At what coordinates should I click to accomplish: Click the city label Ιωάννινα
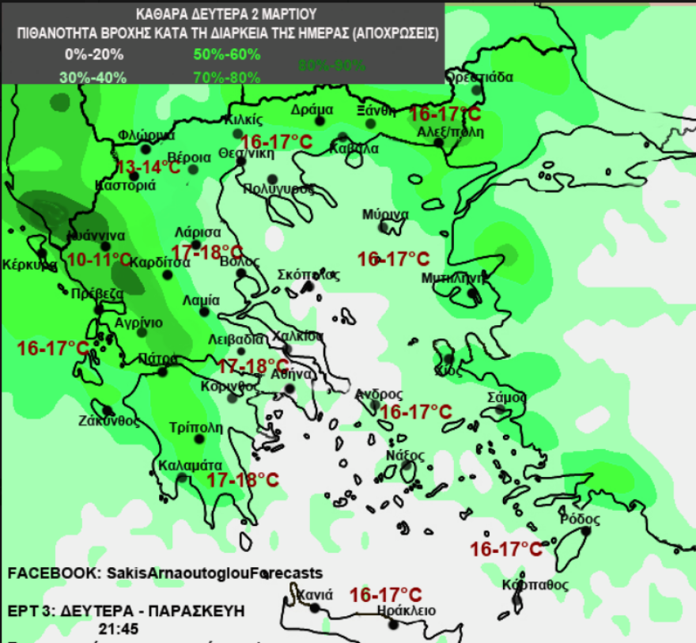(96, 235)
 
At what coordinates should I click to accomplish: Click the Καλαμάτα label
(189, 465)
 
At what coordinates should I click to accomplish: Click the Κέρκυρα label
(29, 264)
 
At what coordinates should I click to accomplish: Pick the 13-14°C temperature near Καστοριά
(149, 167)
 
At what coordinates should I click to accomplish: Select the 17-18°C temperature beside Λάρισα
(207, 252)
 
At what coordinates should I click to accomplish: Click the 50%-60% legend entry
(227, 55)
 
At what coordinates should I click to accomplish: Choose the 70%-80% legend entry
(227, 78)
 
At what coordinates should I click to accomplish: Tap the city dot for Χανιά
(315, 608)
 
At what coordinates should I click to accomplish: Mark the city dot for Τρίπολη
(195, 443)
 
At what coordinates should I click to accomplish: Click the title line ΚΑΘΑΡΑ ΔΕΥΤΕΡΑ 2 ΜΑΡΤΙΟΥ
(226, 14)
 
